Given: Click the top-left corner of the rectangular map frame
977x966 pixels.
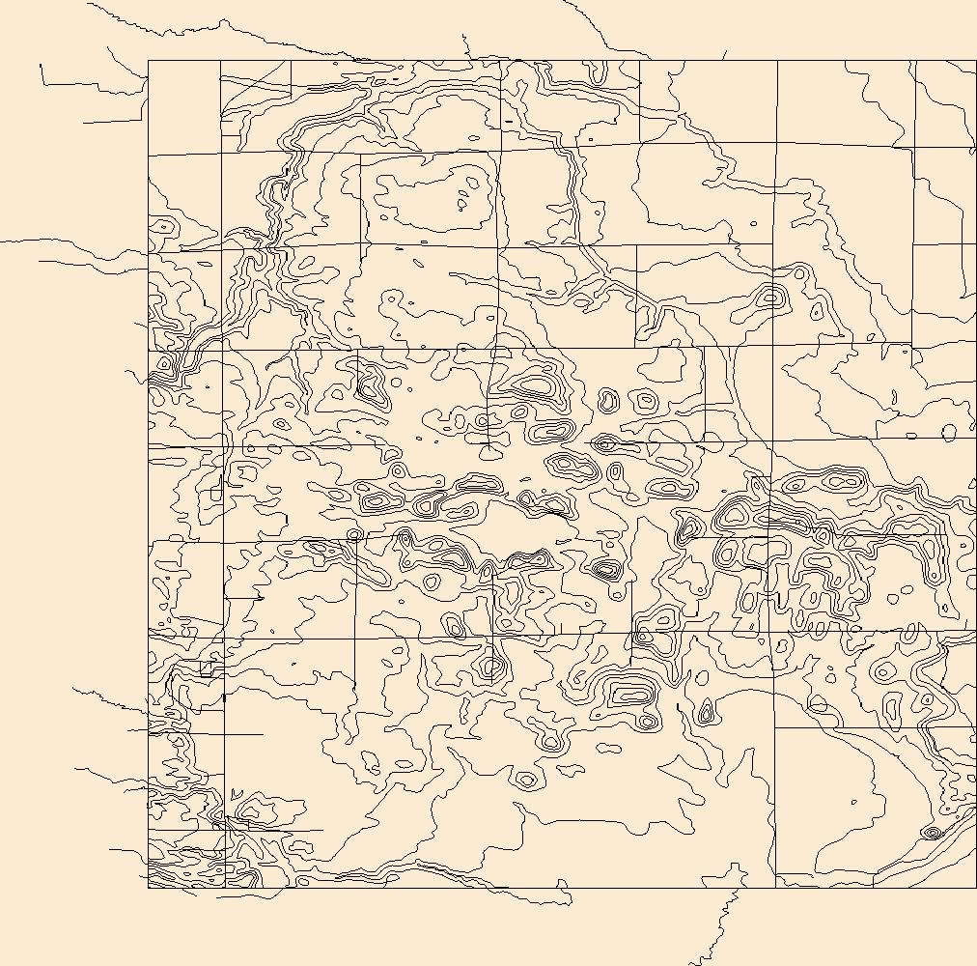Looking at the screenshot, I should click(148, 61).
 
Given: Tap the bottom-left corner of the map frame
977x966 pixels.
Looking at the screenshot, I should click(148, 887).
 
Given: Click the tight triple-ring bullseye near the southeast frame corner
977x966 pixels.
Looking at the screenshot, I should click(932, 832).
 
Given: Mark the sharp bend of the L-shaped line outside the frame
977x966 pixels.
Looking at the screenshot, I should click(42, 84).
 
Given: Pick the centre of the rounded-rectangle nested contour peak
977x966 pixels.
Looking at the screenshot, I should click(630, 692).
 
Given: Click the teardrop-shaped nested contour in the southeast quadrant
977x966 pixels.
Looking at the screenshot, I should click(706, 714).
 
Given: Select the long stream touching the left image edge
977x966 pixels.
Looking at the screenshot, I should click(58, 241).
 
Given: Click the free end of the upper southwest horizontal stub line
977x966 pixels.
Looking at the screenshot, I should click(263, 734).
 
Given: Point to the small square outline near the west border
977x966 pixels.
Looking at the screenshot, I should click(206, 668).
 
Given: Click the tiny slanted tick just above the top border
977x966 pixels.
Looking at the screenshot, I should click(725, 55).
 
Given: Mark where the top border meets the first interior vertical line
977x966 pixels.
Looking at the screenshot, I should click(221, 61).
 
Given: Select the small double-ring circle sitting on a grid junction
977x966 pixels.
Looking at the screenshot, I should click(354, 534).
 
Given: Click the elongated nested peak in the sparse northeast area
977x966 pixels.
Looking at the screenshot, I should click(769, 297).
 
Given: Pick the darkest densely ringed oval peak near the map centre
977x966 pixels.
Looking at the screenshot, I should click(605, 569).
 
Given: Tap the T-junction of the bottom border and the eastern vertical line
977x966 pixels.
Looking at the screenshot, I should click(775, 887).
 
